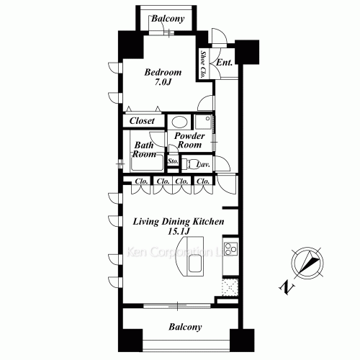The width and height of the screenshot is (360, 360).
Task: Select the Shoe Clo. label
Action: tap(204, 64)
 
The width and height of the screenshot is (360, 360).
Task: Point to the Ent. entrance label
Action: tap(224, 63)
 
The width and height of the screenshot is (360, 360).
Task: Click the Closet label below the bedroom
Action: tap(142, 121)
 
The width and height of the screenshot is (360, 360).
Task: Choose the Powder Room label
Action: tap(190, 140)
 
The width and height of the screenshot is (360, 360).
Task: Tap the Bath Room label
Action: tap(145, 148)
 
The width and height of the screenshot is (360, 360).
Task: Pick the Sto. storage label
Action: tap(173, 161)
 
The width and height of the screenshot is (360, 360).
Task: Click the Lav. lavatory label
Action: tap(203, 163)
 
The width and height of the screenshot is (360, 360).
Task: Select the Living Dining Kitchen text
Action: tap(178, 222)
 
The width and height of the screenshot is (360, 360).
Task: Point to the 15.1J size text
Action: tap(178, 233)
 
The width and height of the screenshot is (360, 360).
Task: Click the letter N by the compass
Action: tap(287, 289)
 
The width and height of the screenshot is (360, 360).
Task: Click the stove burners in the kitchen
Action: tap(231, 251)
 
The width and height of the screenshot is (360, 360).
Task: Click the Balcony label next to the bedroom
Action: tap(167, 19)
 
